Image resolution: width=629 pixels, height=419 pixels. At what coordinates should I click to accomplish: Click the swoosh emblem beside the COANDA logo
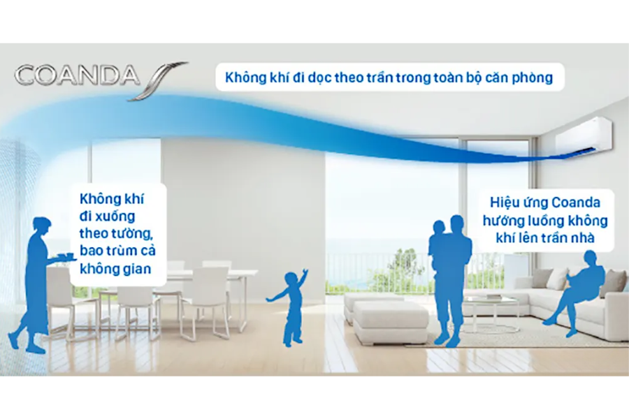(x=158, y=79)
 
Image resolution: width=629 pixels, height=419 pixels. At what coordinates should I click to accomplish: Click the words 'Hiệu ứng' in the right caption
(x=517, y=205)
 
